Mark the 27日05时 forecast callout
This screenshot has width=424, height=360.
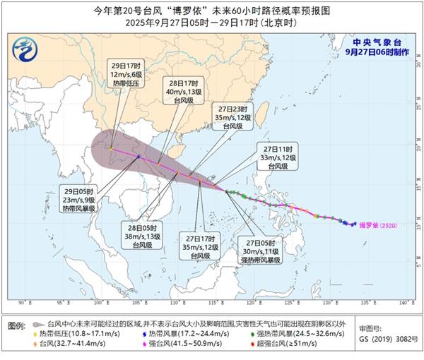pos(262,249)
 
